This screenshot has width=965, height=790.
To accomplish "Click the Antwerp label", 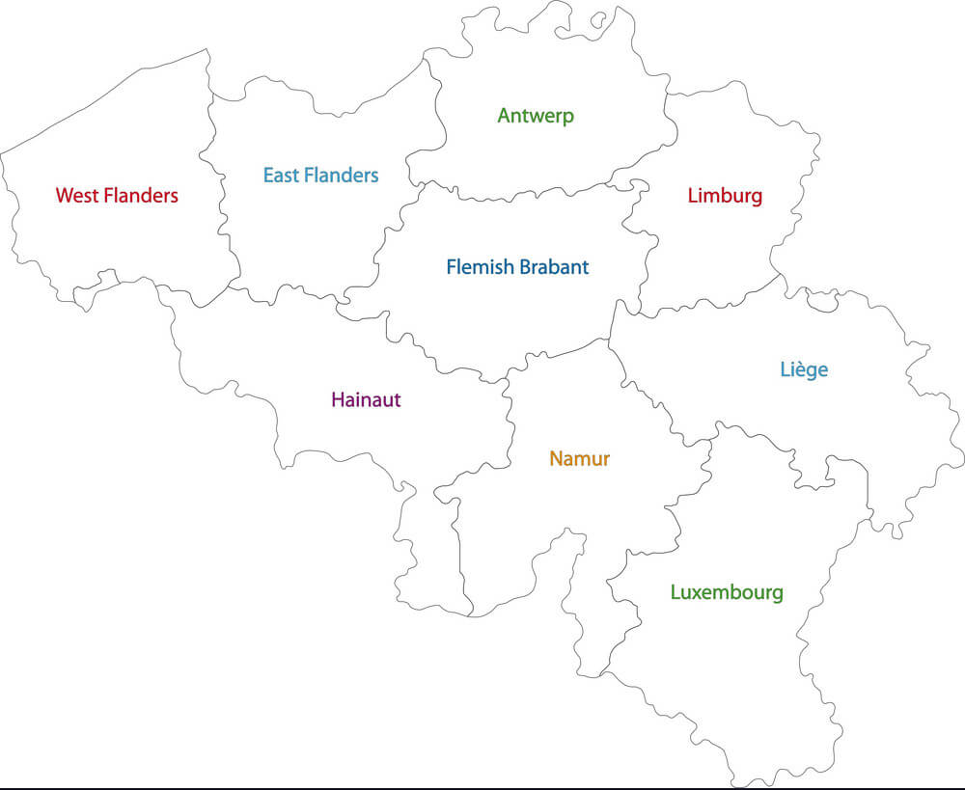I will click(536, 116).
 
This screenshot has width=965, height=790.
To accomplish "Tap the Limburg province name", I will click(725, 196).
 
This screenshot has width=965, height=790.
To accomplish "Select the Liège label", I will click(804, 369).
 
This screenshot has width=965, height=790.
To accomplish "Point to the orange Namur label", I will click(579, 458).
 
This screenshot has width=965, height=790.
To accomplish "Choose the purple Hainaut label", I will click(366, 399).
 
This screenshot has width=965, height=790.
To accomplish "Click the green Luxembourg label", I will click(727, 592).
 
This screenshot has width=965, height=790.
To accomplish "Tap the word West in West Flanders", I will click(76, 196).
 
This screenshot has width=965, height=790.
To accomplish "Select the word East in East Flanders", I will click(281, 176).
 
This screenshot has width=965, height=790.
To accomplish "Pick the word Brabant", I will click(554, 267).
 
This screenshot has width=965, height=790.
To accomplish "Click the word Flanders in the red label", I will click(141, 196).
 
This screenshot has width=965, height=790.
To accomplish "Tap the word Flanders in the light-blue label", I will click(341, 176).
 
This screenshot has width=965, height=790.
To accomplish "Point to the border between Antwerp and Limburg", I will click(668, 125).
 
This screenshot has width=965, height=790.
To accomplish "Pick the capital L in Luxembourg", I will click(675, 592).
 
